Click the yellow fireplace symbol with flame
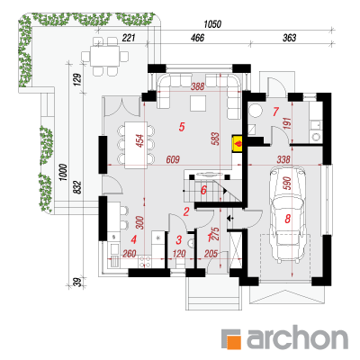pyautogui.click(x=238, y=144)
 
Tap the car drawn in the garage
pyautogui.click(x=287, y=214)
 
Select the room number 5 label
pyautogui.click(x=182, y=127)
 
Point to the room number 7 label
pyautogui.click(x=275, y=112)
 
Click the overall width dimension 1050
pyautogui.click(x=212, y=24)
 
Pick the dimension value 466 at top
pyautogui.click(x=197, y=38)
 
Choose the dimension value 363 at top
pyautogui.click(x=290, y=38)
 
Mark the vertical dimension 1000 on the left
pyautogui.click(x=63, y=172)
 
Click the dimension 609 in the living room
pyautogui.click(x=173, y=159)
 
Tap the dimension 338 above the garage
pyautogui.click(x=283, y=159)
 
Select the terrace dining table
pyautogui.click(x=105, y=56)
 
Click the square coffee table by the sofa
pyautogui.click(x=198, y=103)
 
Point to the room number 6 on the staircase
pyautogui.click(x=203, y=190)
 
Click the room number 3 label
pyautogui.click(x=179, y=240)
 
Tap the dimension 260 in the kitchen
pyautogui.click(x=130, y=254)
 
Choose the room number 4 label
pyautogui.click(x=134, y=239)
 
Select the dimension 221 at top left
pyautogui.click(x=129, y=38)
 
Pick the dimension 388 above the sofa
pyautogui.click(x=197, y=86)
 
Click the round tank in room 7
pyautogui.click(x=256, y=111)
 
